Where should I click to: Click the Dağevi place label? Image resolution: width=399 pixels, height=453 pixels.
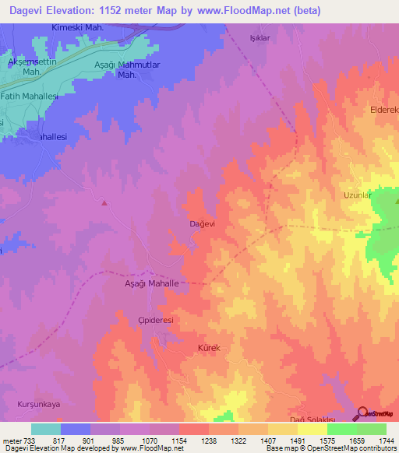pos(203,223)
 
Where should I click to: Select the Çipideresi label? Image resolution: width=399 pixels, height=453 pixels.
pos(154,320)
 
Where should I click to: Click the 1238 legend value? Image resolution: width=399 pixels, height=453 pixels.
pos(208,441)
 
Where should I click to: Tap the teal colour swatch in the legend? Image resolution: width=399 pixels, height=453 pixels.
pos(46,429)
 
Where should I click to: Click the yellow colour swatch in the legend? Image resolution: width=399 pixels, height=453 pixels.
pos(312,429)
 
